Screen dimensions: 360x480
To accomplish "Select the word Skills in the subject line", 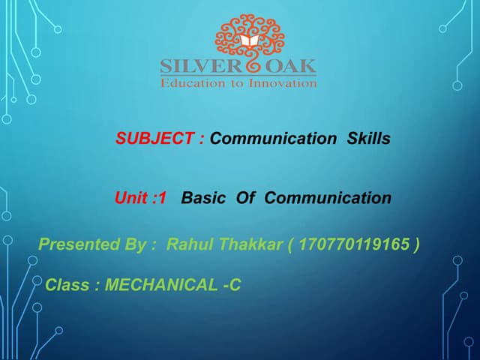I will pyautogui.click(x=368, y=139).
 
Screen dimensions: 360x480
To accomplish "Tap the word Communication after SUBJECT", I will pyautogui.click(x=273, y=139).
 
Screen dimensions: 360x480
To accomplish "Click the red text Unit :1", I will pyautogui.click(x=139, y=199).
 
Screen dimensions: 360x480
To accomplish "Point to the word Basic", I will pyautogui.click(x=203, y=199).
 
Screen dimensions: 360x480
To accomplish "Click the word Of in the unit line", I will pyautogui.click(x=246, y=199).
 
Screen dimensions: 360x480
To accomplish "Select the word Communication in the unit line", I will pyautogui.click(x=328, y=199).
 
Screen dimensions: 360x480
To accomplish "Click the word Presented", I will pyautogui.click(x=76, y=244).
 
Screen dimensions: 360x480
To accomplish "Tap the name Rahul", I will pyautogui.click(x=187, y=244).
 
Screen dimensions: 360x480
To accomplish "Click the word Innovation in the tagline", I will pyautogui.click(x=283, y=82).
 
